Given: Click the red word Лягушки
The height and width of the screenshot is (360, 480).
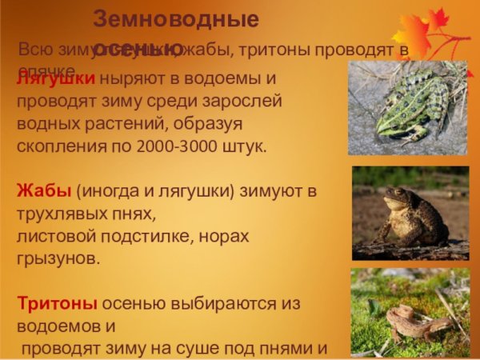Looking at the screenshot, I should (55, 78).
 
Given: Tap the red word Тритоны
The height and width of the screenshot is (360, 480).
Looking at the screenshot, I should (57, 305).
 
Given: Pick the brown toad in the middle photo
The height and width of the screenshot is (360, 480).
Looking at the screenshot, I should (413, 216).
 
